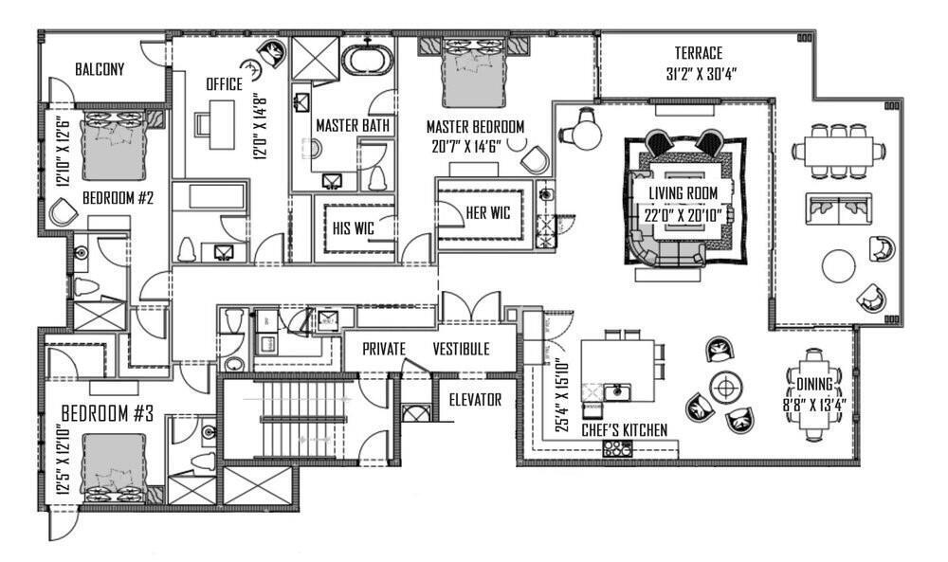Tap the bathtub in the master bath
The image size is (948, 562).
(x=367, y=60)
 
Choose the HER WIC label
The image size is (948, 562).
(x=488, y=213)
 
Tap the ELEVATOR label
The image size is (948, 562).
(x=474, y=400)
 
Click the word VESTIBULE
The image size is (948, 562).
(x=462, y=349)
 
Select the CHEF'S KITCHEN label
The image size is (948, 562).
(x=624, y=430)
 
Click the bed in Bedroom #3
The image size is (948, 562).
(x=114, y=465)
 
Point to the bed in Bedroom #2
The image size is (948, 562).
(x=114, y=144)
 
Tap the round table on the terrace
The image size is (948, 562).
(x=839, y=265)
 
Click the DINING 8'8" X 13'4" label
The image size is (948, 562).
(x=814, y=393)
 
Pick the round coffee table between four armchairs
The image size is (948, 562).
(x=727, y=386)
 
